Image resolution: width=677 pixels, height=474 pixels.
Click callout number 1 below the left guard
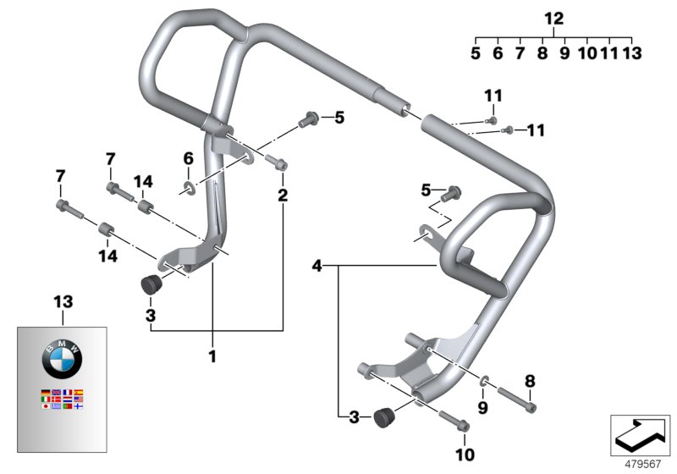click(212, 357)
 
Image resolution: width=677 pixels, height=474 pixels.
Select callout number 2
click(282, 196)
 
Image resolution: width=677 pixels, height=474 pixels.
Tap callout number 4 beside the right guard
click(316, 266)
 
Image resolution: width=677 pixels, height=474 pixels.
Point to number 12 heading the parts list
click(553, 18)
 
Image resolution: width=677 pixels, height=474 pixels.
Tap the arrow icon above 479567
click(640, 434)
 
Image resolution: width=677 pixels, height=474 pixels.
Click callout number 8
click(531, 381)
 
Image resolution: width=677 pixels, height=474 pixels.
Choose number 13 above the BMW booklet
click(63, 302)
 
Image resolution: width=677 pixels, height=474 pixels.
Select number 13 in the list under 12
click(631, 53)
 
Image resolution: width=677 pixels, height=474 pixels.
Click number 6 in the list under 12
click(498, 53)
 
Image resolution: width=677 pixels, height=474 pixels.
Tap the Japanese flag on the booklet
click(46, 406)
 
